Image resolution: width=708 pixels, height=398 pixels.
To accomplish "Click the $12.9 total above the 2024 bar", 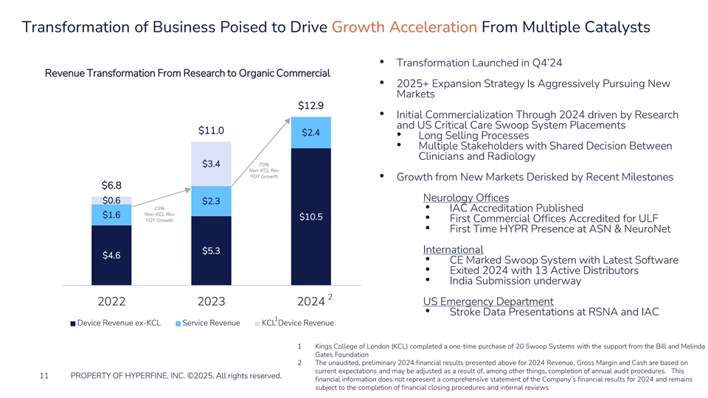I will click(310, 105).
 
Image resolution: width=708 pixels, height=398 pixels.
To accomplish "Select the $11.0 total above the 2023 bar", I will click(211, 130).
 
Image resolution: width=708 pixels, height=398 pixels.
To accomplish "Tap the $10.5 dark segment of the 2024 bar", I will click(310, 217).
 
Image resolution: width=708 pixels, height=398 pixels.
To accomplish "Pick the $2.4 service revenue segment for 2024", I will click(310, 133).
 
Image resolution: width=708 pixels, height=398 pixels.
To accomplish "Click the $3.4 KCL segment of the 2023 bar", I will click(211, 163).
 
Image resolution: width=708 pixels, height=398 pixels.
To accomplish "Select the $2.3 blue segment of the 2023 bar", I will click(211, 201).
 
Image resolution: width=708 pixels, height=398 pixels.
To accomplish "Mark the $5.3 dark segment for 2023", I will click(211, 251).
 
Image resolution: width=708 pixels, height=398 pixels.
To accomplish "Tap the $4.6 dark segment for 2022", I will click(111, 255).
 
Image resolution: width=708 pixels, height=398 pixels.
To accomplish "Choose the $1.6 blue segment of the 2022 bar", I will click(111, 215).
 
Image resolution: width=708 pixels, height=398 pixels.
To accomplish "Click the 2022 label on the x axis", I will click(111, 301).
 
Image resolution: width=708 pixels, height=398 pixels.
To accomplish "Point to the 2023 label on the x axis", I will click(211, 301).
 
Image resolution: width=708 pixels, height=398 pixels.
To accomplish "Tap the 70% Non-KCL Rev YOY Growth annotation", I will click(263, 170).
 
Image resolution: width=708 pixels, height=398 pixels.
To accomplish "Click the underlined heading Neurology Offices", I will click(466, 198).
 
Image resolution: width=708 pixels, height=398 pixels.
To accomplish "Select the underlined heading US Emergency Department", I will click(488, 301).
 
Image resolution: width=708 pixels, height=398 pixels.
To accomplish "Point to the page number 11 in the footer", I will click(45, 376).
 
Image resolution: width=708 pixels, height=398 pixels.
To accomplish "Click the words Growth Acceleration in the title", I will click(404, 27).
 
